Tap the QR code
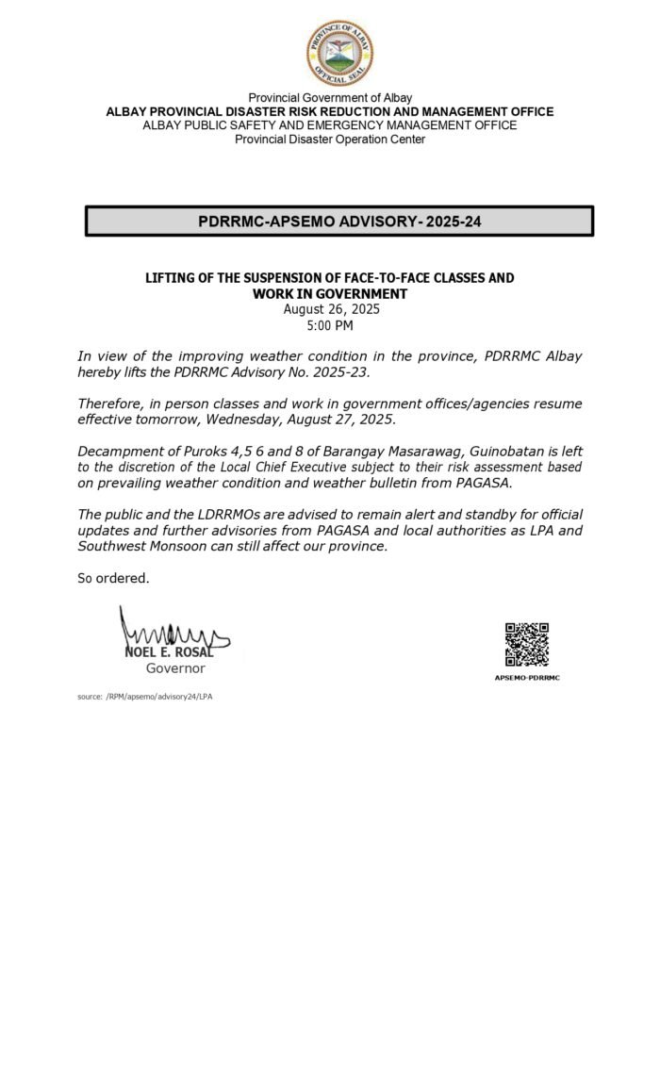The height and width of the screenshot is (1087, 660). pos(526,644)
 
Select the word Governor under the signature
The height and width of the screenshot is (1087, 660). pos(174,668)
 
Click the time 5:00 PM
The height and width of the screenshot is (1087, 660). pos(330,325)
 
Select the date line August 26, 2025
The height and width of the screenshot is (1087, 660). pos(330,309)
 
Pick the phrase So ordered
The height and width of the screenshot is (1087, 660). pos(112,578)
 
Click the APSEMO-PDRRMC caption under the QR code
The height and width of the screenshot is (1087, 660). pos(526,678)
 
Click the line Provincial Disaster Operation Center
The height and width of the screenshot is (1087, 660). pos(330,140)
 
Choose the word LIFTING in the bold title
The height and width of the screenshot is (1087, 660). pos(171,278)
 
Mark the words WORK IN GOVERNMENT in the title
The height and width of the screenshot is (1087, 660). pos(330,293)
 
